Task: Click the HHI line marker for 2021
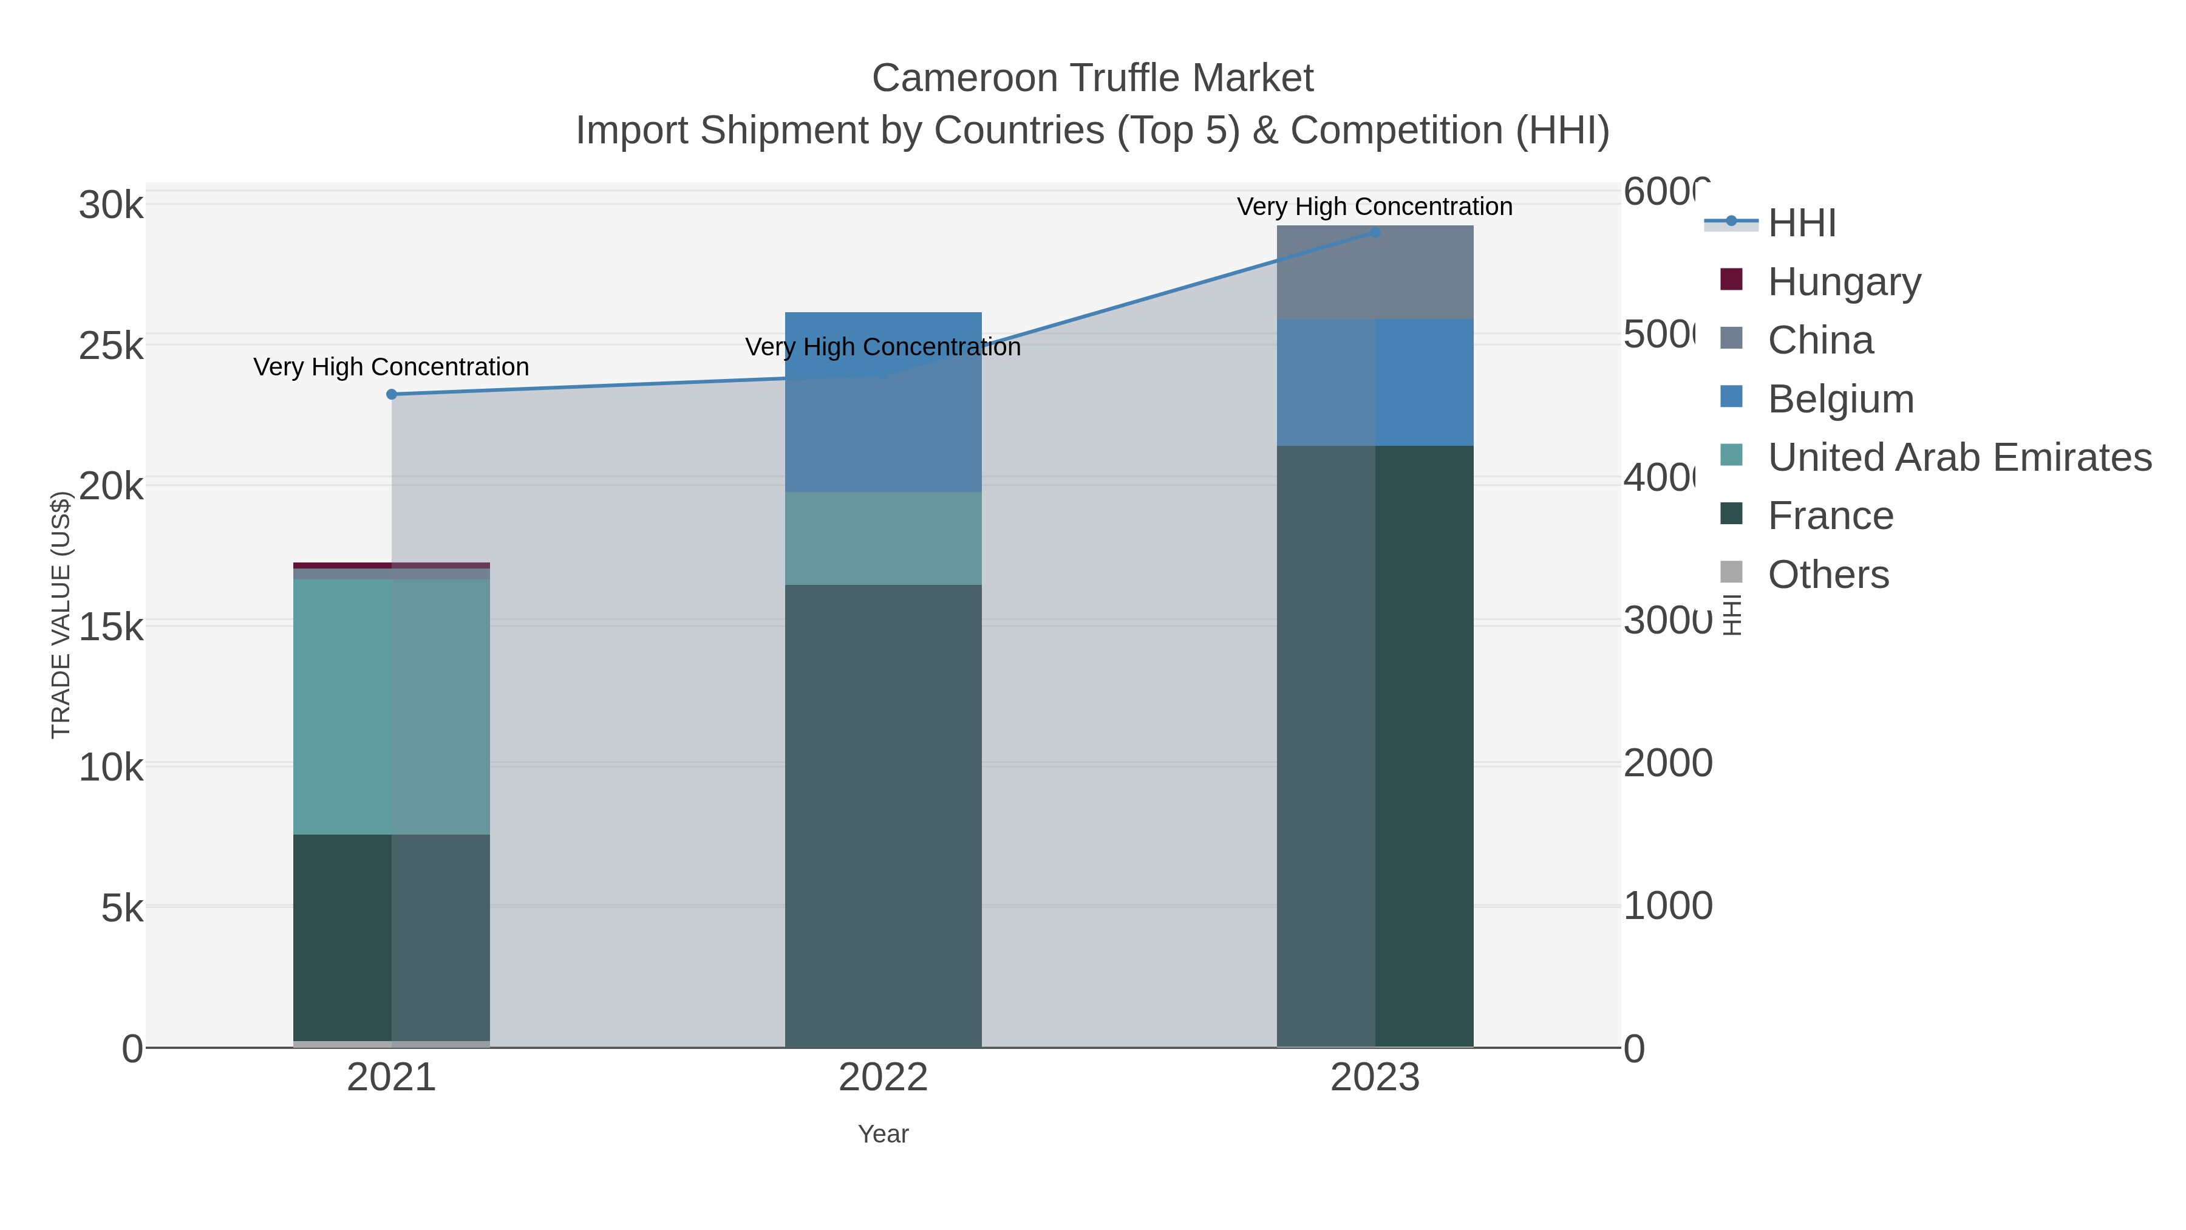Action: pos(391,394)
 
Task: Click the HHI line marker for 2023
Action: pos(1375,233)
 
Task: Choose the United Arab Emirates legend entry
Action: pos(1958,457)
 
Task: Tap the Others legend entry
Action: pos(1828,575)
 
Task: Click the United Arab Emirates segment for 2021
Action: pos(391,706)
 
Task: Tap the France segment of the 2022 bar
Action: pos(882,815)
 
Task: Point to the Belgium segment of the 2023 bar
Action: pos(1375,382)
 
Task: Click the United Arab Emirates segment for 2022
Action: pos(882,538)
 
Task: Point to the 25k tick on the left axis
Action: pos(111,346)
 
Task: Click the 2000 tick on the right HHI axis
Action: pos(1667,763)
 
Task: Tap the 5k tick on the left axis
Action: pos(121,908)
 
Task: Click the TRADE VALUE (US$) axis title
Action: pos(61,615)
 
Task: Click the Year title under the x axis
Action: pos(882,1134)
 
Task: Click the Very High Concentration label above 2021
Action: pos(391,367)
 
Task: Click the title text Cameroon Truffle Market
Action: pos(1092,78)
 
